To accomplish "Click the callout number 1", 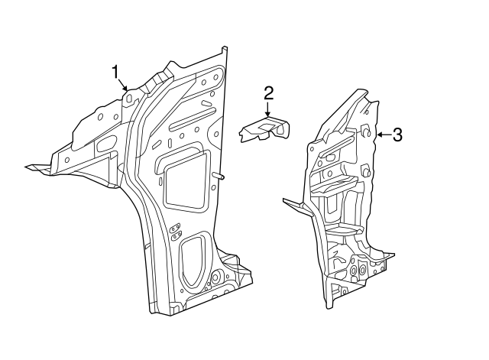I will tap(115, 72).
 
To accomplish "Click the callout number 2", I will tap(268, 93).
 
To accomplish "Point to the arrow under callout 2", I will tap(268, 111).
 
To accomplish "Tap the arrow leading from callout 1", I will tap(123, 85).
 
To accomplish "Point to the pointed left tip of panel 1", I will tap(29, 166).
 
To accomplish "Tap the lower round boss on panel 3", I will tap(368, 174).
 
